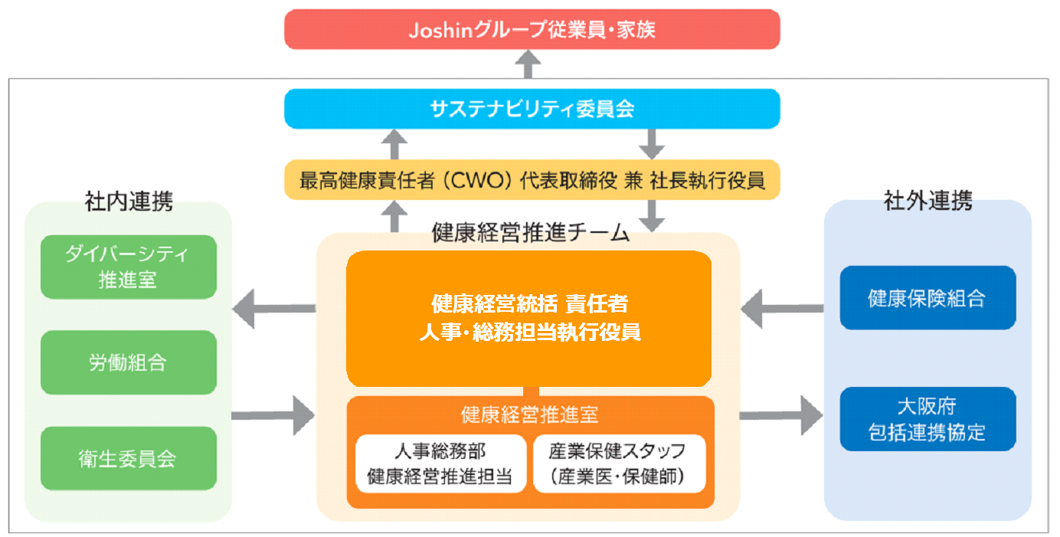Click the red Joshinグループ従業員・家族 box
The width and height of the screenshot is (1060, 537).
click(532, 29)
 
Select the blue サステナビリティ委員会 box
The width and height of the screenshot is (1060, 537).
click(532, 109)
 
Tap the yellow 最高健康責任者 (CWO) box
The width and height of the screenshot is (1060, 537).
click(532, 180)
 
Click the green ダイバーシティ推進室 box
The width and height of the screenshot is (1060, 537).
click(128, 267)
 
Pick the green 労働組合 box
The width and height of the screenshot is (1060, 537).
click(128, 362)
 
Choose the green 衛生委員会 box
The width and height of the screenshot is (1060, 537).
click(128, 458)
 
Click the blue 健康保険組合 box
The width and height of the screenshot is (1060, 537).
click(927, 297)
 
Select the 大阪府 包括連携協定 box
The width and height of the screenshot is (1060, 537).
click(927, 419)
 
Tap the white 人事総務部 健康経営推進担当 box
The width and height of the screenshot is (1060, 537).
click(440, 463)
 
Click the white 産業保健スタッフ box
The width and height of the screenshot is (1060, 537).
click(619, 463)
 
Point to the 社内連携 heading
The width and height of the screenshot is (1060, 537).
click(129, 201)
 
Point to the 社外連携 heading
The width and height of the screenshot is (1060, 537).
click(928, 200)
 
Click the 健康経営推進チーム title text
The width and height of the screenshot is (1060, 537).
click(531, 233)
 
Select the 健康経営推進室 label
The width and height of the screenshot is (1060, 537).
click(529, 414)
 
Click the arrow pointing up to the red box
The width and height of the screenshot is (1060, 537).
click(528, 64)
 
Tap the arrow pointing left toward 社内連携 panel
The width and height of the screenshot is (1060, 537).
click(274, 309)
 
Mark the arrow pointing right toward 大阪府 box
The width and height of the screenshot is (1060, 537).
click(781, 415)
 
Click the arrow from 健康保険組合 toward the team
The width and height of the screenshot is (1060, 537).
click(782, 309)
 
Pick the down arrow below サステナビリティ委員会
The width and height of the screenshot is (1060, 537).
click(652, 144)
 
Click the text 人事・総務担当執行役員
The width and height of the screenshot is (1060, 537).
click(530, 332)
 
